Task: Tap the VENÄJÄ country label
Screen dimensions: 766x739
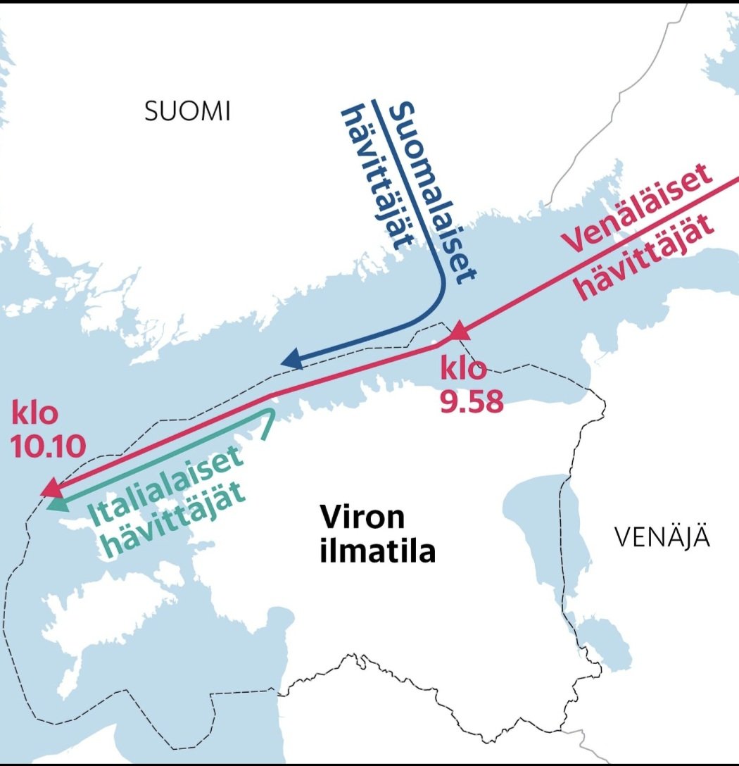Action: (x=662, y=538)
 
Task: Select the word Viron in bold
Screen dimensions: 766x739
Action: (x=362, y=518)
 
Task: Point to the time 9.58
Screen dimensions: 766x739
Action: (x=472, y=402)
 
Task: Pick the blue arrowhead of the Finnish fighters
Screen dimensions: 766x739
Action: (x=291, y=360)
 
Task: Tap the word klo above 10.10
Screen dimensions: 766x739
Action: (x=34, y=413)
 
